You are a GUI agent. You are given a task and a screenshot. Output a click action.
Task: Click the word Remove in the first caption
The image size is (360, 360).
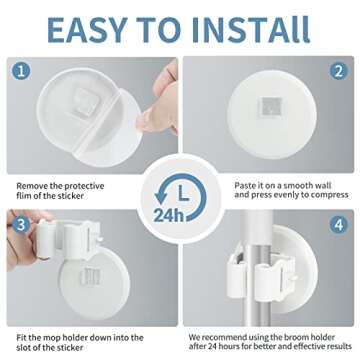pos(32,157)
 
